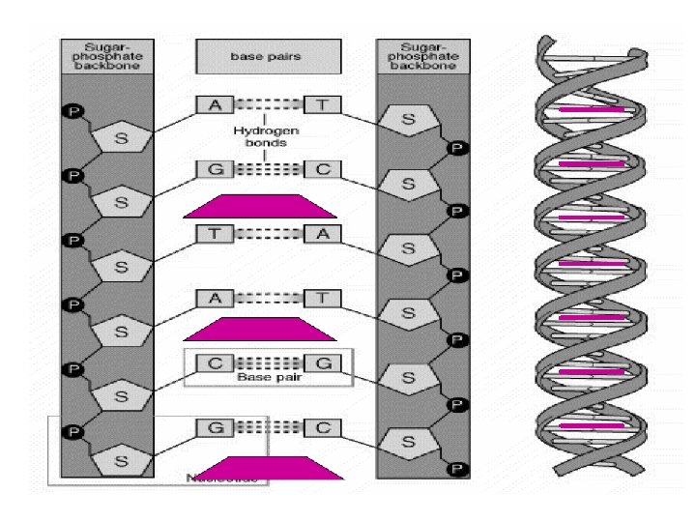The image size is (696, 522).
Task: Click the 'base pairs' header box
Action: coord(265,56)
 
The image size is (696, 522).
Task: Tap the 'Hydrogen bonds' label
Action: coord(265,134)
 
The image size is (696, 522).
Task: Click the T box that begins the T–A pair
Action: coord(213,233)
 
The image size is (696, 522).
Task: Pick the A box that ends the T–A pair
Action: coord(319,233)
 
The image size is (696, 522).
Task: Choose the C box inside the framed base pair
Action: coord(213,363)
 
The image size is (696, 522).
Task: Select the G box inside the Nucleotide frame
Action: coord(213,425)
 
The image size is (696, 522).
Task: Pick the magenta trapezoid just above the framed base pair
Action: coord(259,330)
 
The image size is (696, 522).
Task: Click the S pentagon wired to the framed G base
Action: coord(408,379)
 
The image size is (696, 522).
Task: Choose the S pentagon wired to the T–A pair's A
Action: coord(408,249)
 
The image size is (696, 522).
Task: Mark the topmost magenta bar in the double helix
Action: coord(590,110)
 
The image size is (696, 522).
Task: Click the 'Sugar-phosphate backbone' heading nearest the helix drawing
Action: coord(420,56)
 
